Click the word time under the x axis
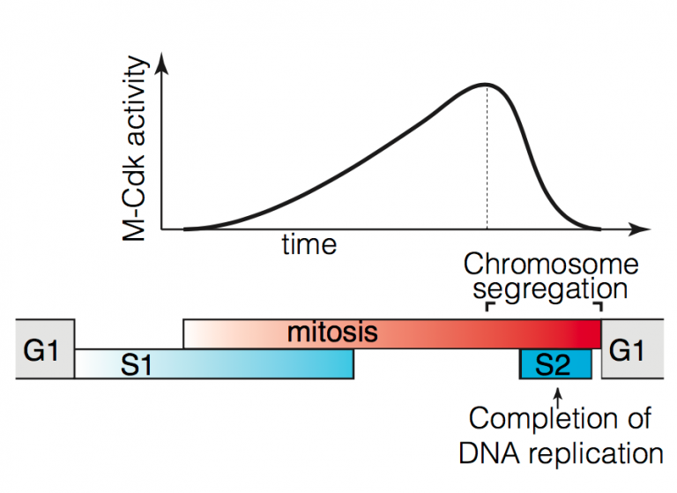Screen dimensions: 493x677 pos(309,244)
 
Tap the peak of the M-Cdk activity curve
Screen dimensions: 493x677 pos(487,85)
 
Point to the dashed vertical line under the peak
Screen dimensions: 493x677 pos(487,159)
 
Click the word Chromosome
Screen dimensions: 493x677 pos(550,264)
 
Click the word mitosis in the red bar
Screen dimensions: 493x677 pos(332,333)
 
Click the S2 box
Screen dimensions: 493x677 pos(554,363)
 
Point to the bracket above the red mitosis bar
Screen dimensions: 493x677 pos(544,306)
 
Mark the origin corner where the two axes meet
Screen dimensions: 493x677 pos(162,229)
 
